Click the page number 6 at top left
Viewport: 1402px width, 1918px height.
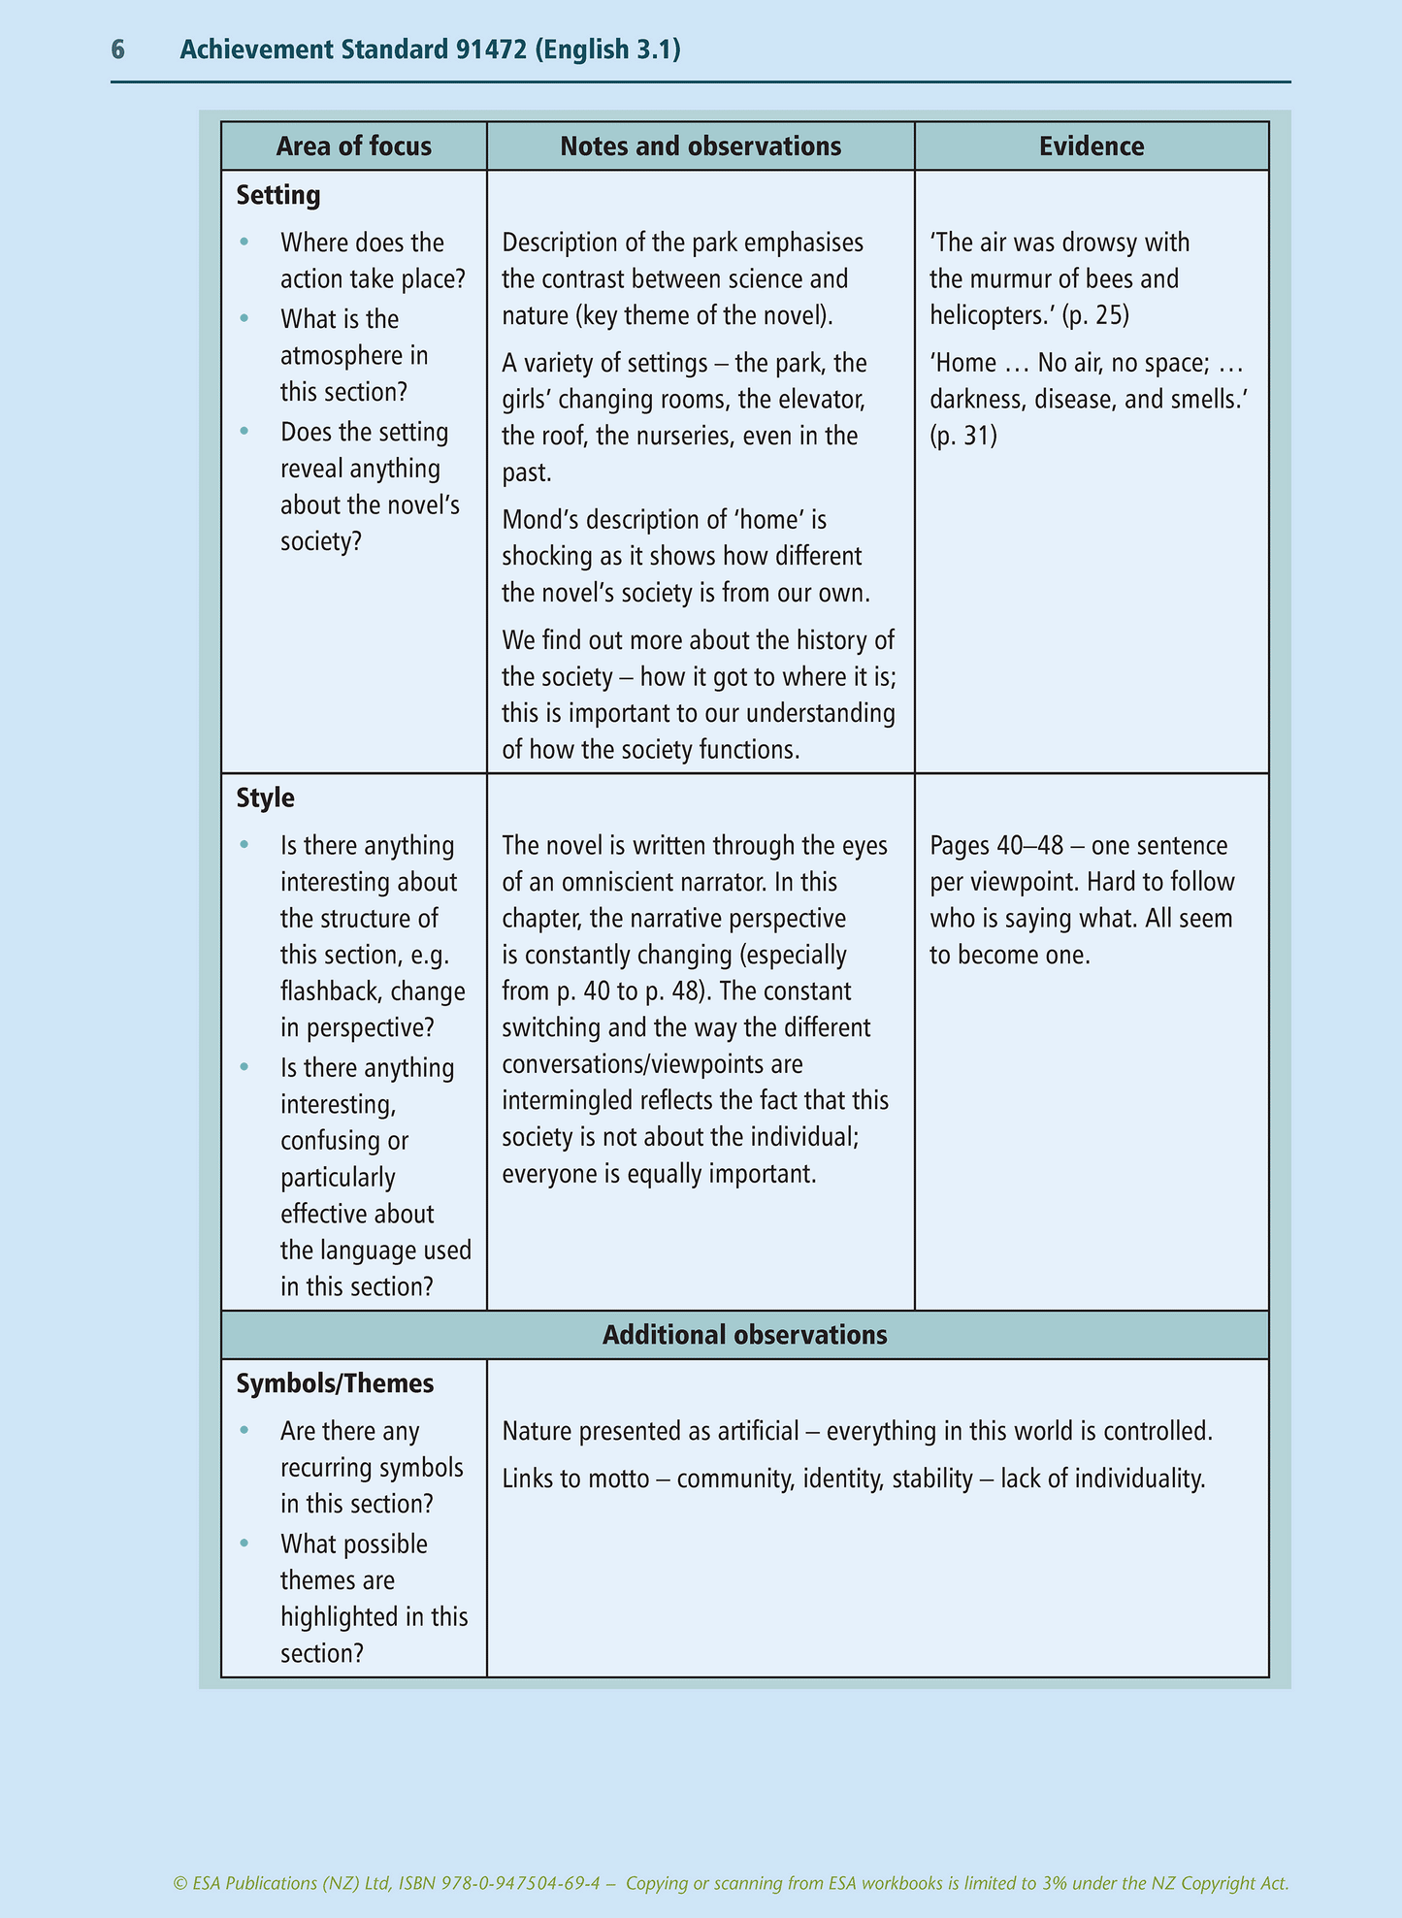pyautogui.click(x=118, y=49)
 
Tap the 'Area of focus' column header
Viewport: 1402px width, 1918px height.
pyautogui.click(x=353, y=146)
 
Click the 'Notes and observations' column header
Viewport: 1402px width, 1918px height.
pyautogui.click(x=701, y=146)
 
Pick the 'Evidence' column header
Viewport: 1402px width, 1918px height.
pyautogui.click(x=1092, y=146)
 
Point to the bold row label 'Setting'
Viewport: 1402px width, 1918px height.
pyautogui.click(x=278, y=195)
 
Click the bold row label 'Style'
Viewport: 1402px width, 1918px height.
pyautogui.click(x=266, y=798)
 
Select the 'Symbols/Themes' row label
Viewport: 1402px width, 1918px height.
pyautogui.click(x=335, y=1383)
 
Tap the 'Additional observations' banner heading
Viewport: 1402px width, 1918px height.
pyautogui.click(x=744, y=1335)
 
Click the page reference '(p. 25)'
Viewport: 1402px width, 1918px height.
pyautogui.click(x=1095, y=315)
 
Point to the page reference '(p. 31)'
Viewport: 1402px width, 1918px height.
pyautogui.click(x=963, y=437)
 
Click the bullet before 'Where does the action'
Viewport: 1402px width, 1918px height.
pyautogui.click(x=245, y=243)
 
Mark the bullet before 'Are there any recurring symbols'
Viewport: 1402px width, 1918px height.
pyautogui.click(x=245, y=1431)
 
